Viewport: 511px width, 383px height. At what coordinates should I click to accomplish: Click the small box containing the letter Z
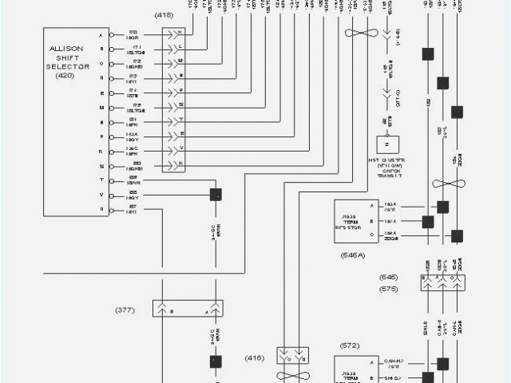click(x=387, y=146)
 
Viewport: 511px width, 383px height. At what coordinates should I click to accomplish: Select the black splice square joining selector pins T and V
click(x=214, y=194)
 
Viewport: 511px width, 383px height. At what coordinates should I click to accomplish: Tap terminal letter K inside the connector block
click(x=180, y=32)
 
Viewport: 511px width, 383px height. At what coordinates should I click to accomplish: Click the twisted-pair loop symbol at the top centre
click(x=361, y=34)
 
